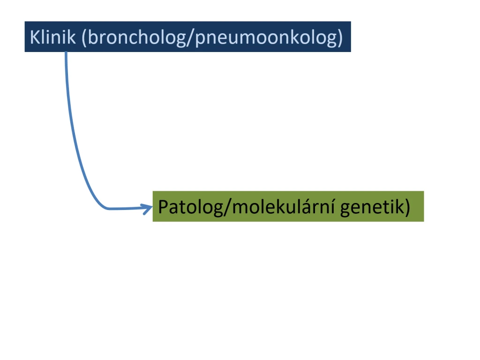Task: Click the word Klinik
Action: (x=52, y=37)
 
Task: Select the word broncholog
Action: (x=136, y=38)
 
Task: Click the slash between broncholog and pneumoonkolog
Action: (x=190, y=38)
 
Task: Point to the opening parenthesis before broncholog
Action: (x=84, y=38)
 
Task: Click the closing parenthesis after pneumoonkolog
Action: (x=340, y=38)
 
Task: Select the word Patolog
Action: (x=191, y=207)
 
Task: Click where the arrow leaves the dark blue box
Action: (x=66, y=52)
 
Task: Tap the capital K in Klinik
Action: (x=35, y=37)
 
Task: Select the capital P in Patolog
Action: (x=163, y=207)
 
